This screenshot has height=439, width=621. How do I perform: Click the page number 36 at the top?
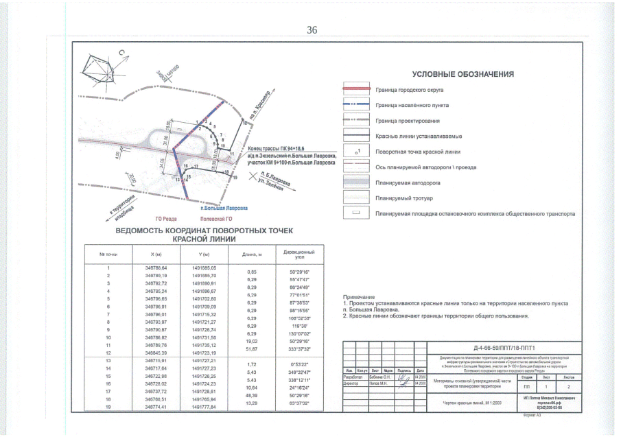(x=312, y=29)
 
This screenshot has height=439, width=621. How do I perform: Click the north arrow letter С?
(x=121, y=51)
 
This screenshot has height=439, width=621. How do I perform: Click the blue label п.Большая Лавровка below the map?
(x=223, y=207)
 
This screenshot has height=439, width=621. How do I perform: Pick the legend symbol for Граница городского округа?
(x=356, y=90)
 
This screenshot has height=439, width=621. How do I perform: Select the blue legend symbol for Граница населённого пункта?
(x=356, y=105)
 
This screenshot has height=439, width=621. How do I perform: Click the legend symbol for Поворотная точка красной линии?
(x=357, y=151)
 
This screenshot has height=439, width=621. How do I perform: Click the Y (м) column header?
(x=203, y=254)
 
